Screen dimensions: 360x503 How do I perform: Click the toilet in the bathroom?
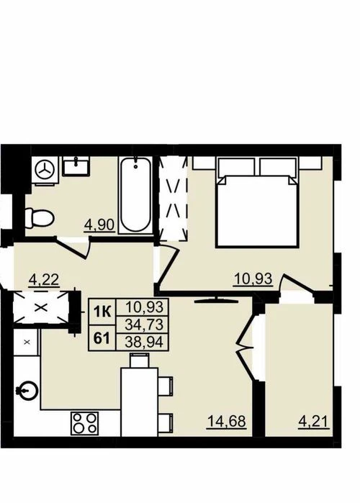39,218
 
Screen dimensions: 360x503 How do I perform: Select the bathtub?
136,194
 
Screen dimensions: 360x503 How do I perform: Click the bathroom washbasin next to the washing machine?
76,166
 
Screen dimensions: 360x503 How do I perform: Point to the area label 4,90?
99,225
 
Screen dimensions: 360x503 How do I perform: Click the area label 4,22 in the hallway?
44,280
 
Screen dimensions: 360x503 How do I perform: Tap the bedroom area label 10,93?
253,278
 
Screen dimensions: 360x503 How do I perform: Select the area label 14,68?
227,421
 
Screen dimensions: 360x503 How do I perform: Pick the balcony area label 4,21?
314,421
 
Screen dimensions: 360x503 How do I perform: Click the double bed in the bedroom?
257,202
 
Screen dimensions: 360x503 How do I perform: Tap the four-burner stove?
85,423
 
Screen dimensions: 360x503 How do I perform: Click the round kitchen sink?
27,391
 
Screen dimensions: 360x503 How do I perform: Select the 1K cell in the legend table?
102,311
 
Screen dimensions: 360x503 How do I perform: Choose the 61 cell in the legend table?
102,337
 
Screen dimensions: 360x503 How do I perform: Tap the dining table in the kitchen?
139,402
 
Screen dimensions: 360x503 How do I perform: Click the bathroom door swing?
73,246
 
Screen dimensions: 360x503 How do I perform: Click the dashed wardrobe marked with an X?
41,308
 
